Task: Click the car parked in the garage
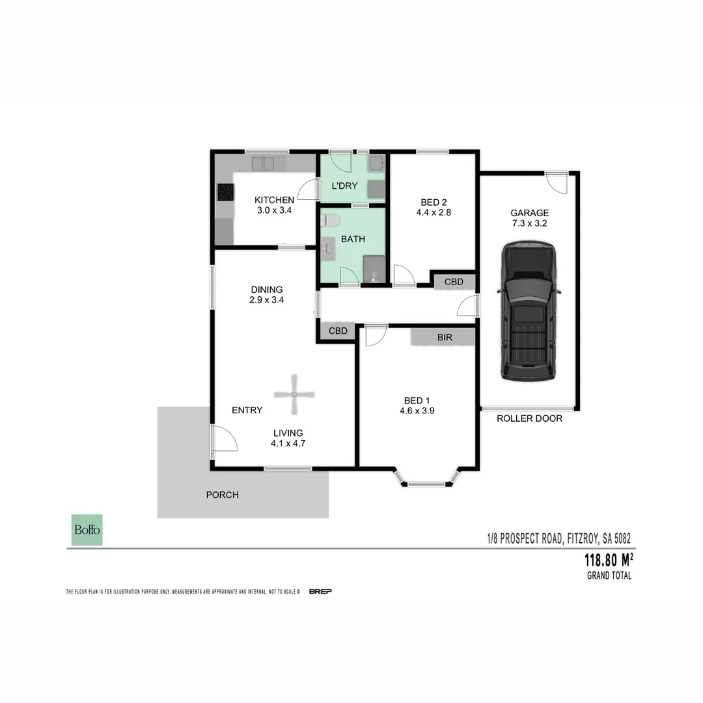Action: (529, 311)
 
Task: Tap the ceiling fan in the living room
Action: (294, 394)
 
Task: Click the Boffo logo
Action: (87, 530)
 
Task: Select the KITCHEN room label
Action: (274, 200)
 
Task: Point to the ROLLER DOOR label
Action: (529, 419)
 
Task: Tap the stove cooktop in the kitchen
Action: (225, 191)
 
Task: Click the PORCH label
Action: (222, 495)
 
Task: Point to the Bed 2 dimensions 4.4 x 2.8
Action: (434, 212)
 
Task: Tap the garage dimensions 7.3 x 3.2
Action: (529, 223)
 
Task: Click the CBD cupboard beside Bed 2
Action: (454, 282)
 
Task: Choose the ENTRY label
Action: (247, 410)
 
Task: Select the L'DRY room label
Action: (344, 186)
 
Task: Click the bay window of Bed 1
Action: (426, 483)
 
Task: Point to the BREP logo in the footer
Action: (320, 591)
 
